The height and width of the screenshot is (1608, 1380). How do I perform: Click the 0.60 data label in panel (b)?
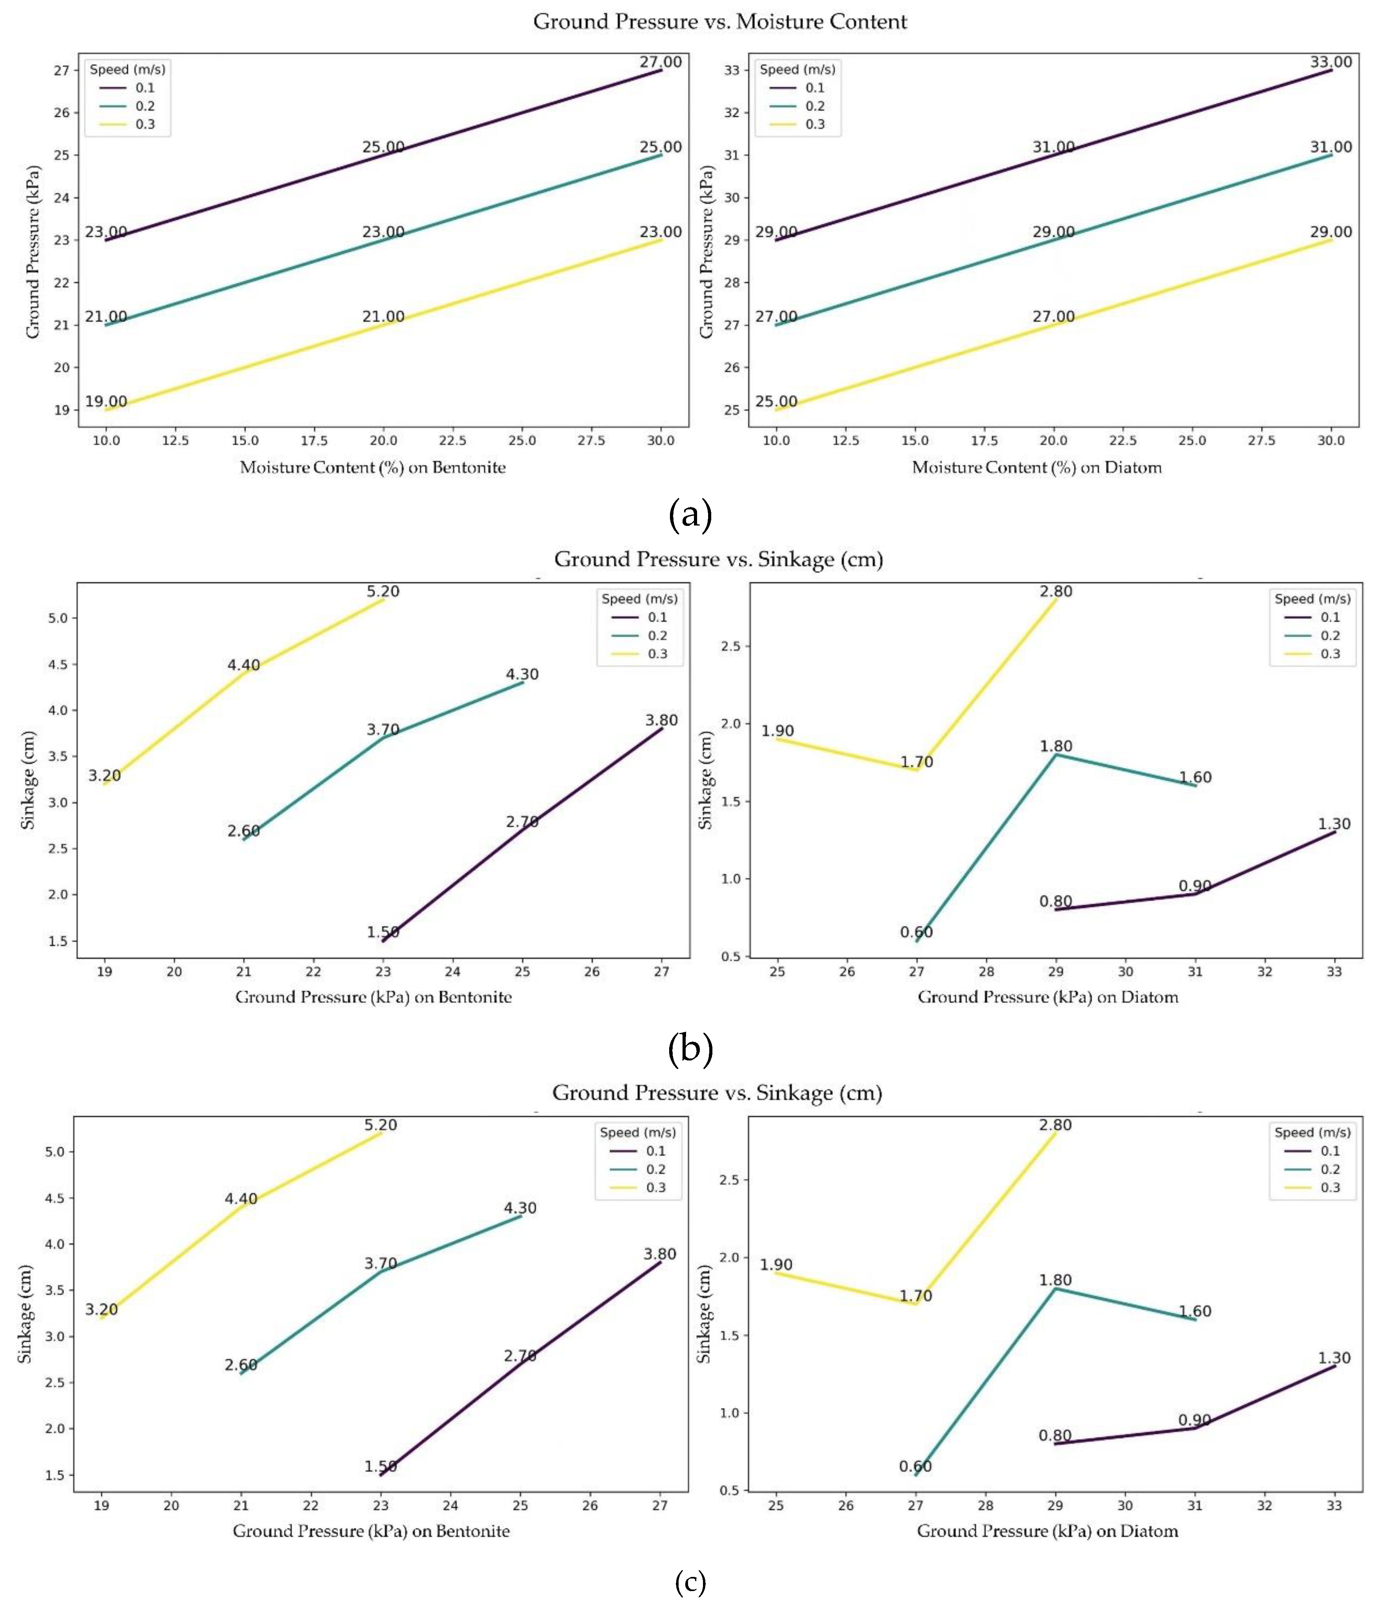916,932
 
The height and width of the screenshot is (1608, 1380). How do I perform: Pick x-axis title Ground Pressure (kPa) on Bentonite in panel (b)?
373,997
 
